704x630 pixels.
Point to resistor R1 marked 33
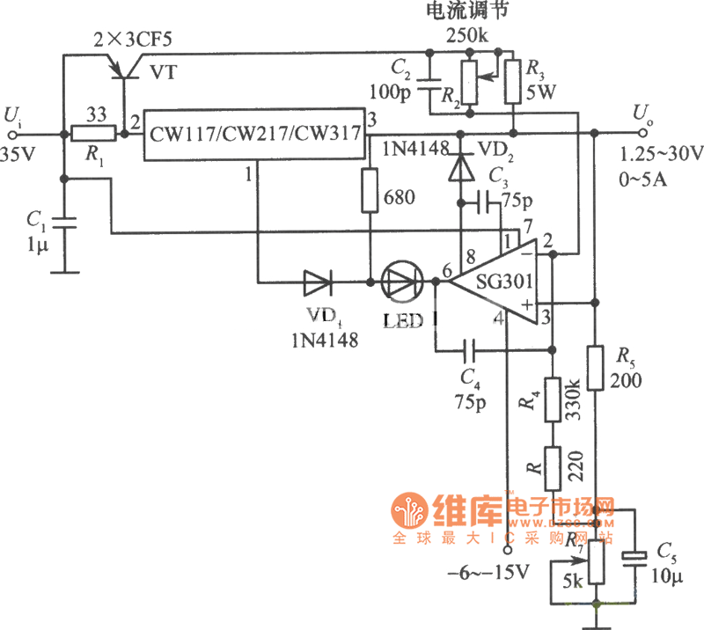tap(93, 135)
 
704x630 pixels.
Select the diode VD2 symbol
tap(458, 167)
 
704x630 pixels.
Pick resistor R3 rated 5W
tap(512, 81)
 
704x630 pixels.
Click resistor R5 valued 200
tap(595, 367)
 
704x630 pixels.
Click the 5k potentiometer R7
tap(595, 564)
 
